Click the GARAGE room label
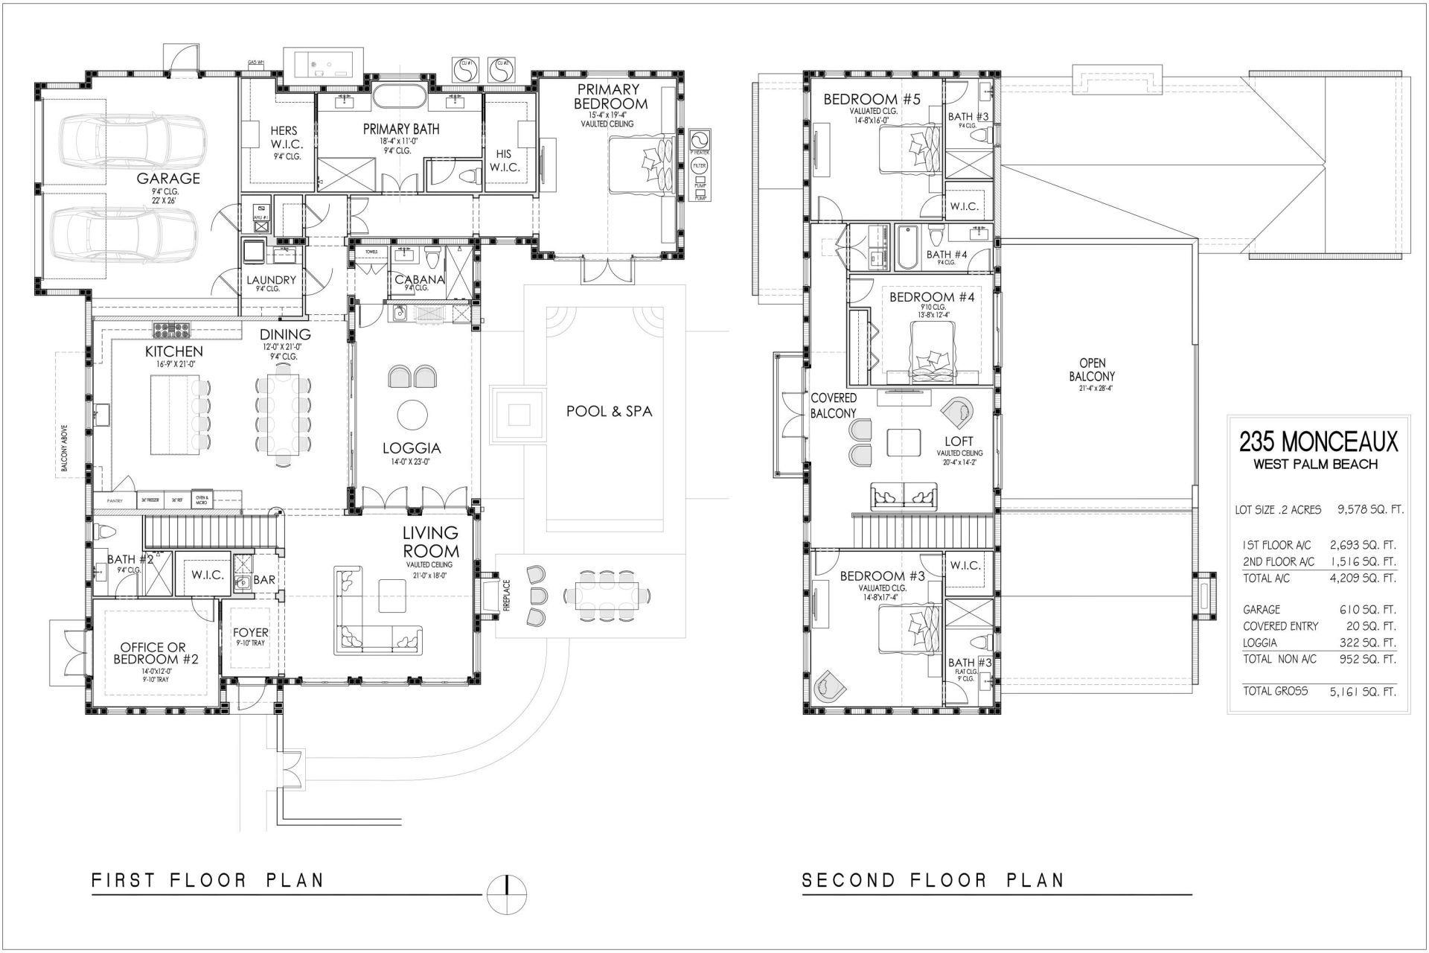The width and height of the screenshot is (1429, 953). [168, 179]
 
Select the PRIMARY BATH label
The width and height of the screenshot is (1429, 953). [401, 129]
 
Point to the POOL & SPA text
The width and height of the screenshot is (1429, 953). [609, 411]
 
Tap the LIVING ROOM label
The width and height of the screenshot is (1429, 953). [430, 542]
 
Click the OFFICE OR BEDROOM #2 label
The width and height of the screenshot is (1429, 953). [154, 653]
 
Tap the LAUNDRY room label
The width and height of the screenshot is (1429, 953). [271, 280]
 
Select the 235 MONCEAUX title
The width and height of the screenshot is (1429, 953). [1318, 442]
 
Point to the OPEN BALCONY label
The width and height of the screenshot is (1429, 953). [1093, 370]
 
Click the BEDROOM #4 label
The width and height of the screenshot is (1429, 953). [932, 297]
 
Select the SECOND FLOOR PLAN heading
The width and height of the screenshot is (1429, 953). [933, 880]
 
